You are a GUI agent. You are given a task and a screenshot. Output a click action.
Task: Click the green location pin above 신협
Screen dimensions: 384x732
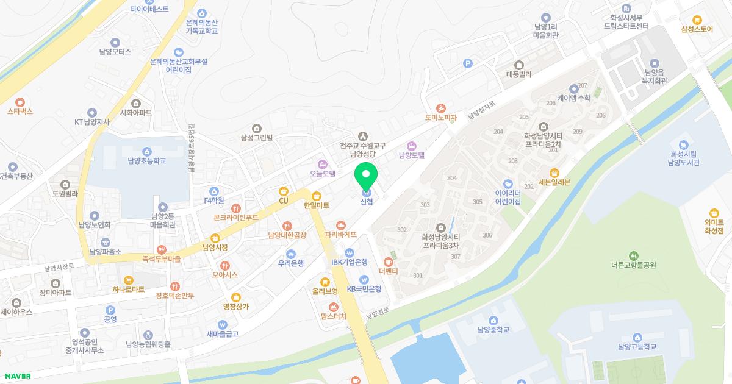point(366,175)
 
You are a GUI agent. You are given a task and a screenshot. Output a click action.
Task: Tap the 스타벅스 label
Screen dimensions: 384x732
point(20,112)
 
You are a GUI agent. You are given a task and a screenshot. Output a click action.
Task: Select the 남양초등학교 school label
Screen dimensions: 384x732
point(146,162)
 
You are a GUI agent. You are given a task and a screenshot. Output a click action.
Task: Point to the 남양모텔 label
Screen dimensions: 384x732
point(412,155)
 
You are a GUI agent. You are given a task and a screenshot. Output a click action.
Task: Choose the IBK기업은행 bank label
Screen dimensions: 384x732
point(350,262)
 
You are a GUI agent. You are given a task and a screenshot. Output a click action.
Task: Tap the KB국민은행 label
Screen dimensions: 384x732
point(364,289)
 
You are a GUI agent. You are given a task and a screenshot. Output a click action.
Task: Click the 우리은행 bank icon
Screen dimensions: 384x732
point(291,254)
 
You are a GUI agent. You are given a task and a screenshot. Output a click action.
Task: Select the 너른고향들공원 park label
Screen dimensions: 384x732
point(633,265)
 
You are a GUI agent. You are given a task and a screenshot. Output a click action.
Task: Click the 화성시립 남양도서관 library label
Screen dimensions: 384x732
point(683,158)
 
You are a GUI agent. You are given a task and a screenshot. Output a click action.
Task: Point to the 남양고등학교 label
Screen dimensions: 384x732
point(637,347)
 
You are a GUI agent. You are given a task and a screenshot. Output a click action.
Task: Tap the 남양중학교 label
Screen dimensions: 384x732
point(493,330)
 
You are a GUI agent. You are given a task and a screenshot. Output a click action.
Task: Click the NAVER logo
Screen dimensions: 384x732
point(17,376)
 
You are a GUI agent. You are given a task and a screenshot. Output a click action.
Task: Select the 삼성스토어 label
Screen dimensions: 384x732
point(698,29)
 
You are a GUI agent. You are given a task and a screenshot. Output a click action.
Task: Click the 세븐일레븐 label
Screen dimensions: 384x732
point(554,182)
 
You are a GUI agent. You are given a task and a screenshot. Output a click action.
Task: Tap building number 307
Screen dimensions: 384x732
point(455,257)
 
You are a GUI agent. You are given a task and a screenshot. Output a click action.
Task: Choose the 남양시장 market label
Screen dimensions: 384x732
point(215,247)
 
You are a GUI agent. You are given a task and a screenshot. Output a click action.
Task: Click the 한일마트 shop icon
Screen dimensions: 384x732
point(317,196)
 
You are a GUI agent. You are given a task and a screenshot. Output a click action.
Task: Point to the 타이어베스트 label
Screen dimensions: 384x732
point(149,9)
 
